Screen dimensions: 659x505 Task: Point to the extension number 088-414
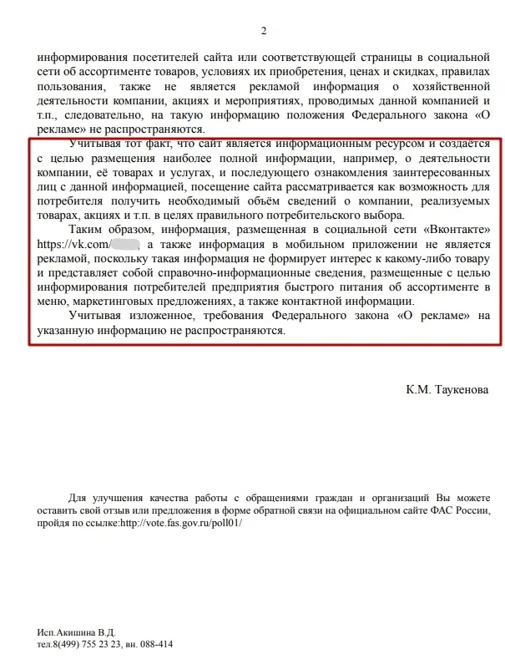(x=155, y=645)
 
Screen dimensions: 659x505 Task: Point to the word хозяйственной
(x=451, y=87)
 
